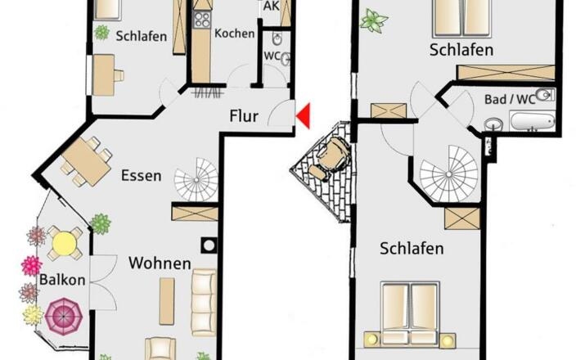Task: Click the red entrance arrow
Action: point(305,116)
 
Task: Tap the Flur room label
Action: point(244,116)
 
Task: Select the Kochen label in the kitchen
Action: point(235,34)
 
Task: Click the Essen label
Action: point(142,176)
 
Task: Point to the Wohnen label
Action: point(160,263)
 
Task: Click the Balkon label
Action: point(62,280)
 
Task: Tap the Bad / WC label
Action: point(510,99)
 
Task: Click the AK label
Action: point(271,6)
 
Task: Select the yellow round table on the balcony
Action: point(65,243)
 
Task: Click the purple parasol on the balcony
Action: point(64,316)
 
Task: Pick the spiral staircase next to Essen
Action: point(196,180)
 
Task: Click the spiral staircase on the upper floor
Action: point(449,173)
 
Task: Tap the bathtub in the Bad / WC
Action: point(533,121)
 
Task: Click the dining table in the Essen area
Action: point(87,162)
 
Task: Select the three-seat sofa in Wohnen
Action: point(205,303)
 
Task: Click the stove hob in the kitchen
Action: point(201,20)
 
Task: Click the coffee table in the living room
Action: point(167,301)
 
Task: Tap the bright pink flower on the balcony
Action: point(32,266)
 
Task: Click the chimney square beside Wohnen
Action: point(209,245)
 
